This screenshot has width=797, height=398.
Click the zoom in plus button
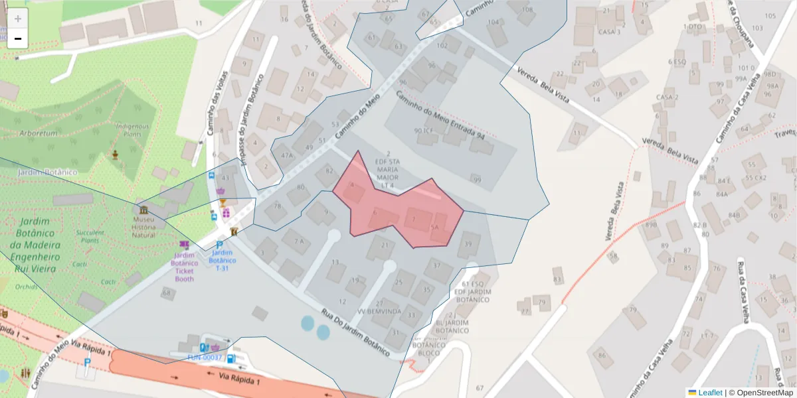coord(18,18)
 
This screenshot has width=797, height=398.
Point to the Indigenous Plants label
coord(133,130)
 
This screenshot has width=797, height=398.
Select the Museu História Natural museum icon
coord(144,210)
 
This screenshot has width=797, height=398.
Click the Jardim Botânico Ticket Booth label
coord(185,267)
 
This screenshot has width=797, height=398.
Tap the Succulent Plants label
coord(90,237)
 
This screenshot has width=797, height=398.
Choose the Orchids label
coord(27,287)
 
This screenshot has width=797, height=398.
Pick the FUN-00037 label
coord(206,358)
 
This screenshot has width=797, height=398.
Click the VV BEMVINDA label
coord(379,311)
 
